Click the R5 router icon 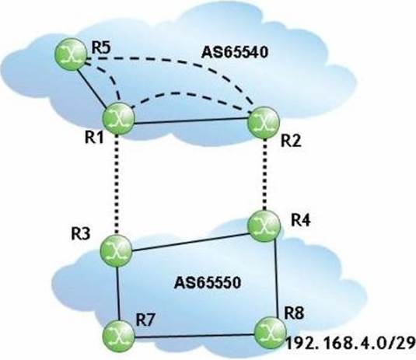[71, 54]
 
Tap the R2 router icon [264, 122]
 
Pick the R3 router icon [116, 250]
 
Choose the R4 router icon [264, 225]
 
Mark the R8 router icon [271, 333]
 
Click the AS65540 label [235, 53]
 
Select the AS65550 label [208, 283]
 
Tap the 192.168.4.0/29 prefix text [350, 342]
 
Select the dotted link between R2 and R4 [264, 174]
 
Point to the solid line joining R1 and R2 [191, 121]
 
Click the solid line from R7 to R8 [194, 336]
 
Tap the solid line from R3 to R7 [118, 293]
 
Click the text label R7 [145, 320]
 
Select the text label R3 [80, 234]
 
